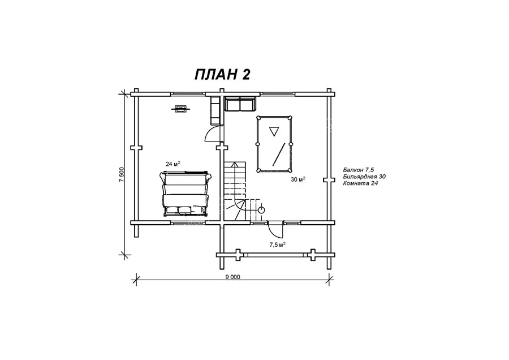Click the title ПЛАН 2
tap(222, 74)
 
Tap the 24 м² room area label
tap(172, 164)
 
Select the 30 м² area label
tap(297, 179)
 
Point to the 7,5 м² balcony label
tap(277, 245)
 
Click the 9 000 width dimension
tap(233, 277)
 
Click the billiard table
tap(274, 144)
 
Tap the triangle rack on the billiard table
tap(274, 131)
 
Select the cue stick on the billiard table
tap(278, 154)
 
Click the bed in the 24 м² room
tap(186, 194)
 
